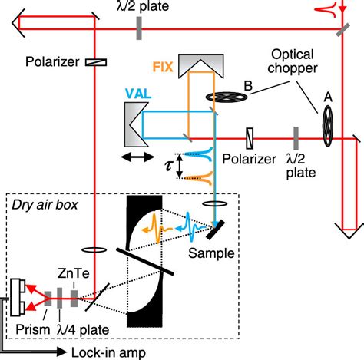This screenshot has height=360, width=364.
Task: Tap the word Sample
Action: point(214,253)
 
